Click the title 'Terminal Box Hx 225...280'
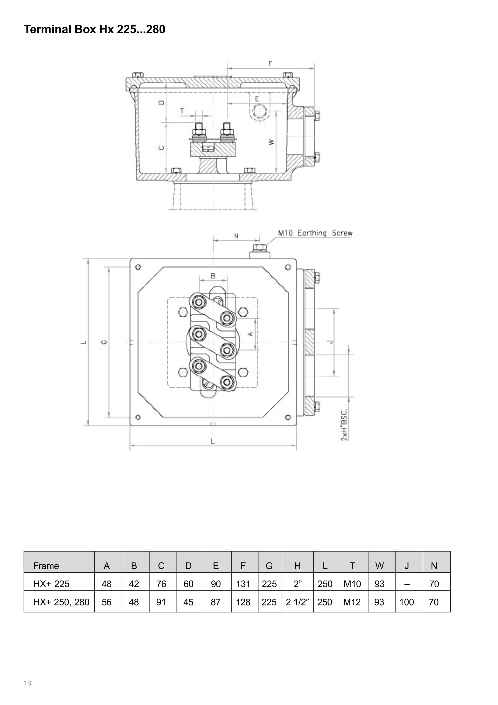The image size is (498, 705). click(95, 29)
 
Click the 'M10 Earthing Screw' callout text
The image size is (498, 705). click(315, 233)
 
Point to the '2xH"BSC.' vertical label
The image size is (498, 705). click(344, 424)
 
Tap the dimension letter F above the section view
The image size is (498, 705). click(270, 63)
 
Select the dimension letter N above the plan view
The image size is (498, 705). click(236, 236)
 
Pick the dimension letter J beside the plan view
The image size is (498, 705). click(330, 342)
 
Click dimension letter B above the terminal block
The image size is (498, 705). click(213, 276)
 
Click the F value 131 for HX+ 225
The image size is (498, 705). click(243, 584)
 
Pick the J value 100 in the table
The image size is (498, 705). click(407, 602)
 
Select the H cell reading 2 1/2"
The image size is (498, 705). click(297, 602)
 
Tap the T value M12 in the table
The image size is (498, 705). click(352, 602)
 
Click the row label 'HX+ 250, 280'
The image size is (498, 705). click(61, 602)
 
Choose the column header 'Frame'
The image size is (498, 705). click(46, 566)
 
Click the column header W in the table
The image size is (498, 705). click(379, 566)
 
